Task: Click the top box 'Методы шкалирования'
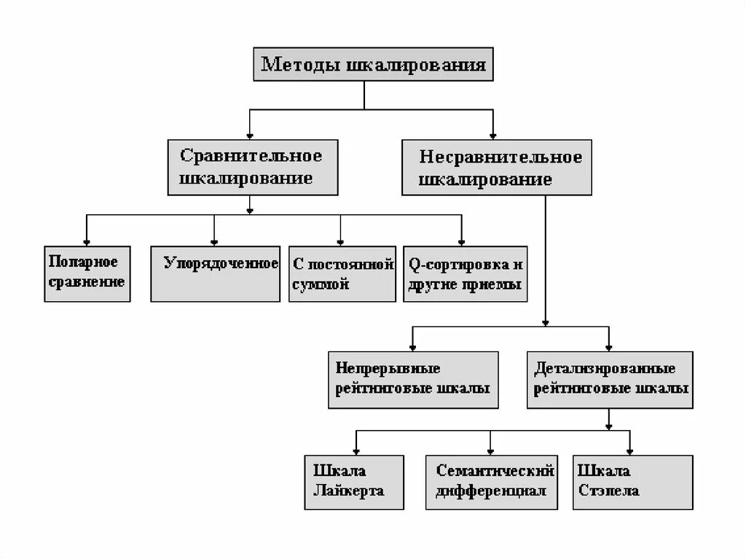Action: click(373, 65)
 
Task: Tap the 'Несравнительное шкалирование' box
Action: click(496, 168)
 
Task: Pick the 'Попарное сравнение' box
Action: click(87, 273)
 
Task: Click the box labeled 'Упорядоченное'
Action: click(215, 273)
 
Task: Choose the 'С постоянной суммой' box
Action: click(342, 273)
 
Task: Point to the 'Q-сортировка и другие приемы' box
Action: click(464, 273)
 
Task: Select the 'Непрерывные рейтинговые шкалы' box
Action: click(413, 379)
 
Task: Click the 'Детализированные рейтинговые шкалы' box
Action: click(609, 379)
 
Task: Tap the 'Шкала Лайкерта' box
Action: click(354, 482)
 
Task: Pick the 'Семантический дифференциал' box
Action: click(490, 482)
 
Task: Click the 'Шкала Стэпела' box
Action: click(632, 482)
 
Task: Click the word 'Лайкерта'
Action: click(348, 491)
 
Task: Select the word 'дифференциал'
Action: click(490, 491)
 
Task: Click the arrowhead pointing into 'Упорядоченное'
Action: click(214, 242)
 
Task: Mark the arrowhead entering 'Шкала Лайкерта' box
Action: click(355, 451)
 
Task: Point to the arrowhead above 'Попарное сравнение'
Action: click(87, 242)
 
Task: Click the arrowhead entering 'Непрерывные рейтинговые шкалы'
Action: click(413, 347)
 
